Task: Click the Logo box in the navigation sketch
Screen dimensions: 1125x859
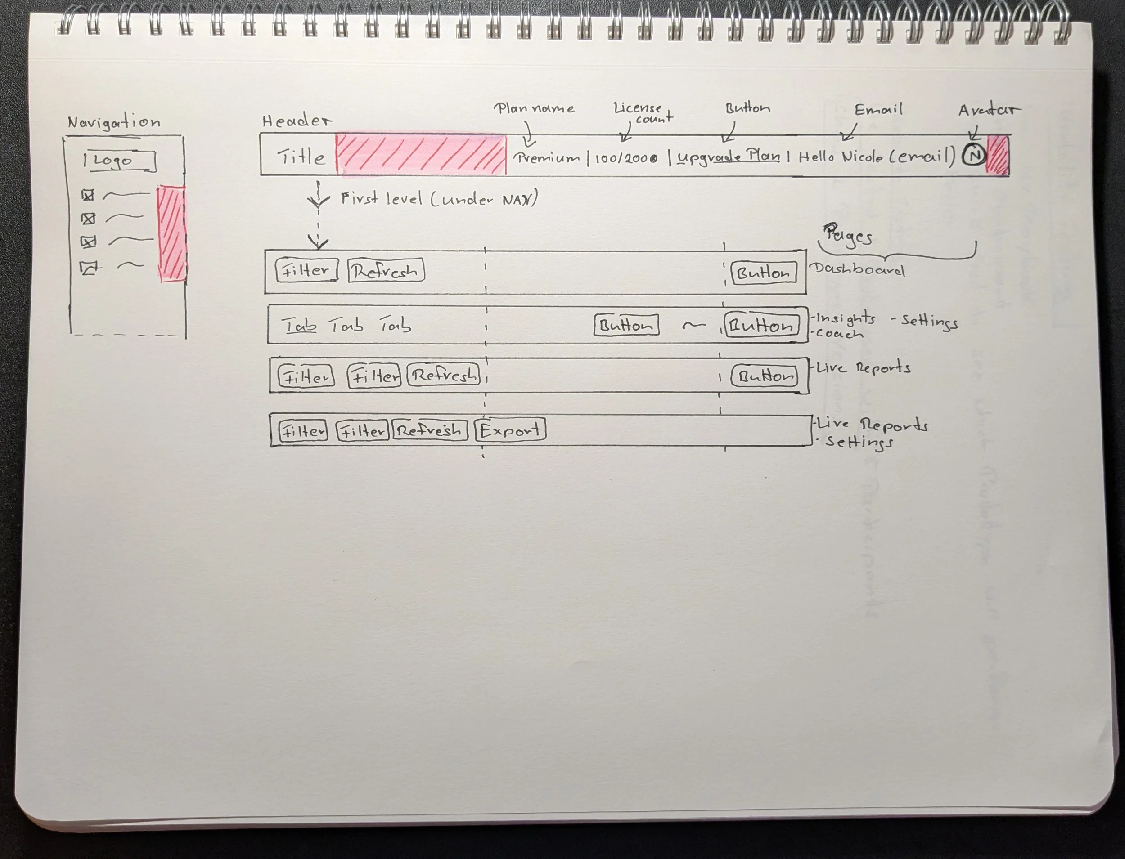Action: tap(119, 161)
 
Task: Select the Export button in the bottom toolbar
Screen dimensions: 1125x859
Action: tap(510, 430)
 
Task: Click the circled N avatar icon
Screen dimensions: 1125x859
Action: tap(973, 154)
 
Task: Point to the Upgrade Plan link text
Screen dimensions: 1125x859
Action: tap(729, 157)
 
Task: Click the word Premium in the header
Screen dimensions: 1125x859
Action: tap(547, 157)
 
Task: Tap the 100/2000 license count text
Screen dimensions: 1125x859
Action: tap(626, 158)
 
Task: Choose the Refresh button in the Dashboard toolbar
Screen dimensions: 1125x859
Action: tap(386, 271)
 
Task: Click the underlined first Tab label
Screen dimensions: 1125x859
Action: tap(300, 325)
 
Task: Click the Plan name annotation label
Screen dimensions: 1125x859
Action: tap(534, 108)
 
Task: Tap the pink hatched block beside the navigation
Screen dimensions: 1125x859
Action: tap(171, 233)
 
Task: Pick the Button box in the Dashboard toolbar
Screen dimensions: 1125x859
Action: tap(763, 273)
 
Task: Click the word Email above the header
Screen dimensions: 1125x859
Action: tap(878, 109)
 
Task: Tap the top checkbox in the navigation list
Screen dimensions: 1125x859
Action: tap(88, 195)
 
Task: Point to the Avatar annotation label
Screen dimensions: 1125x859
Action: tap(988, 110)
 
